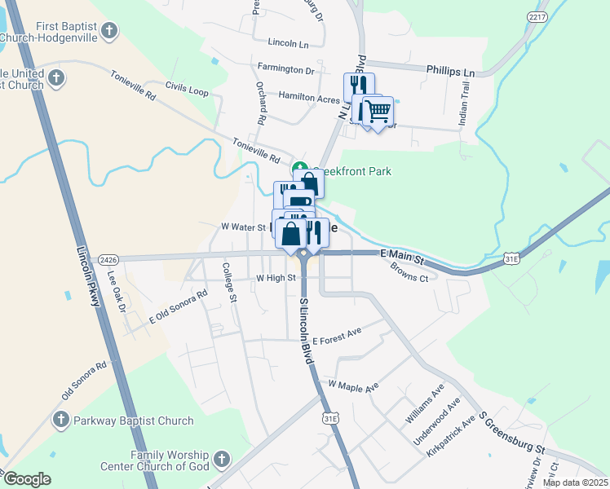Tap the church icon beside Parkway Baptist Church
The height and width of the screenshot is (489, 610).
60,421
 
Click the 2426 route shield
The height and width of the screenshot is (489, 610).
108,259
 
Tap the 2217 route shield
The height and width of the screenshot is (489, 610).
537,17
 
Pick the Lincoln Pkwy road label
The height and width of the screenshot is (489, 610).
88,277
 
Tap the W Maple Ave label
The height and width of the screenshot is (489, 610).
353,384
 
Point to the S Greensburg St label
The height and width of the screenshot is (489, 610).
511,432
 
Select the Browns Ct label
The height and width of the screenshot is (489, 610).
409,272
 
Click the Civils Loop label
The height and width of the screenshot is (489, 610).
187,86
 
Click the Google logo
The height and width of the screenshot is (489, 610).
27,479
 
